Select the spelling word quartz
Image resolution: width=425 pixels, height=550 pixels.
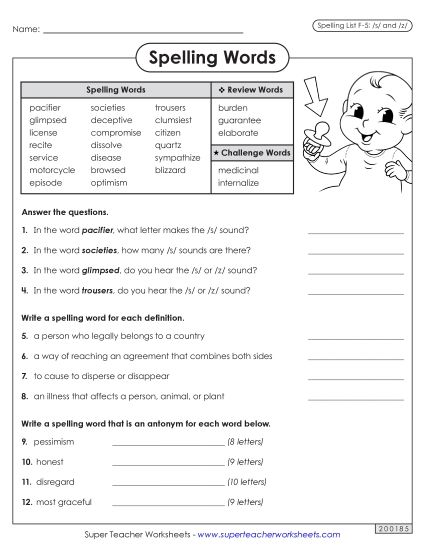coord(168,145)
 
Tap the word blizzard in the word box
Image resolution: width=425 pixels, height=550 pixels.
coord(171,170)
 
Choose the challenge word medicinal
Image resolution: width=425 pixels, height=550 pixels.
coord(238,170)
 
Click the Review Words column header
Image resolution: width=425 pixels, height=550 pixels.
coord(251,90)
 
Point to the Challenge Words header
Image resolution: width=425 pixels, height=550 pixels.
coord(251,152)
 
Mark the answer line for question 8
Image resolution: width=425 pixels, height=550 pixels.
coord(355,396)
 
